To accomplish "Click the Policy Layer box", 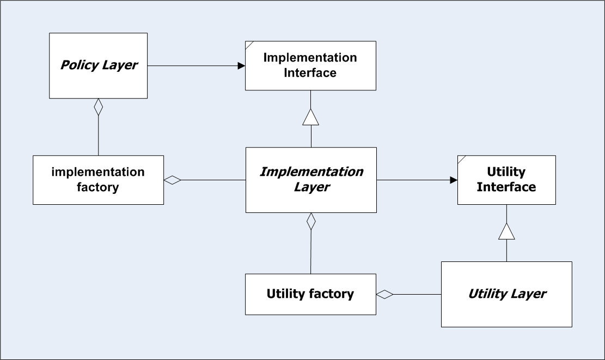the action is (x=98, y=65).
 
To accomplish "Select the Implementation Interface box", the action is (x=310, y=65).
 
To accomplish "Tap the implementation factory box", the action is (x=98, y=180).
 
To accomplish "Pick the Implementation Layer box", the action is (x=311, y=180).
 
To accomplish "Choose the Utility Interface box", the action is (x=506, y=180).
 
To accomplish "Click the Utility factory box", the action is (x=310, y=295).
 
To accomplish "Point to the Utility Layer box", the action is (x=506, y=295).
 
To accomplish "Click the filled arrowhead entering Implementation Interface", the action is (x=242, y=65).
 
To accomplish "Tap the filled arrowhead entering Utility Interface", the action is (x=454, y=180).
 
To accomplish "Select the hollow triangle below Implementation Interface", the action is (x=310, y=117).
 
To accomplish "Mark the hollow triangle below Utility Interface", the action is (x=506, y=231).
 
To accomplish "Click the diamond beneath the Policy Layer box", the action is (x=99, y=107).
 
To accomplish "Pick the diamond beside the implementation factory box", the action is (x=173, y=180).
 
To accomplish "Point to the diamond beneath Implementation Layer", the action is (x=311, y=222).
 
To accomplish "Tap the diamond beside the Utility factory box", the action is (x=384, y=295).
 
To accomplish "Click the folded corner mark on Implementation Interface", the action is (x=249, y=45).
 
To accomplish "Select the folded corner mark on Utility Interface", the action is (x=461, y=160).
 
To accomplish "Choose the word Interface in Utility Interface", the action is (x=506, y=187).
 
